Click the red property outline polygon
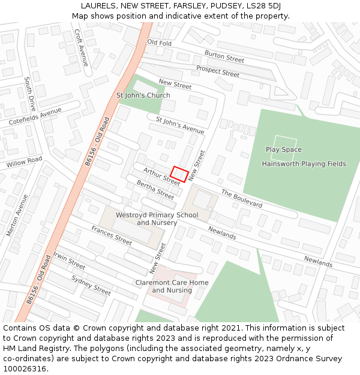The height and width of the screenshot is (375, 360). point(180,173)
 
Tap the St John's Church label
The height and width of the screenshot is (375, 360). point(143,95)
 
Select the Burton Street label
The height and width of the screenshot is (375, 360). point(224,56)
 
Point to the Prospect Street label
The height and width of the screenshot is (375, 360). point(217,71)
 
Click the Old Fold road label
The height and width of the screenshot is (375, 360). point(159,43)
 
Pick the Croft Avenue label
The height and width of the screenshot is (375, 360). point(82,48)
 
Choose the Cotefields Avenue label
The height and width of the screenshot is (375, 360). point(35,116)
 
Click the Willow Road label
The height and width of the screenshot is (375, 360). point(24,162)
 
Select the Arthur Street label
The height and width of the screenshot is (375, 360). point(161,175)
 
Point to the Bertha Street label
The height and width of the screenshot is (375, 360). point(155,190)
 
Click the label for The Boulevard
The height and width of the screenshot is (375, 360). point(242,199)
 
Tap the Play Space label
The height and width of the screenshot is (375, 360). point(284,149)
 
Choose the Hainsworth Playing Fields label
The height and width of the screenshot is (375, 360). point(304,164)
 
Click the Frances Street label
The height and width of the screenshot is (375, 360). point(112,235)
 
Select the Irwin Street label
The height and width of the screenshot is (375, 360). point(69,260)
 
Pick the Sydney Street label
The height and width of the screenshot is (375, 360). point(91,285)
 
